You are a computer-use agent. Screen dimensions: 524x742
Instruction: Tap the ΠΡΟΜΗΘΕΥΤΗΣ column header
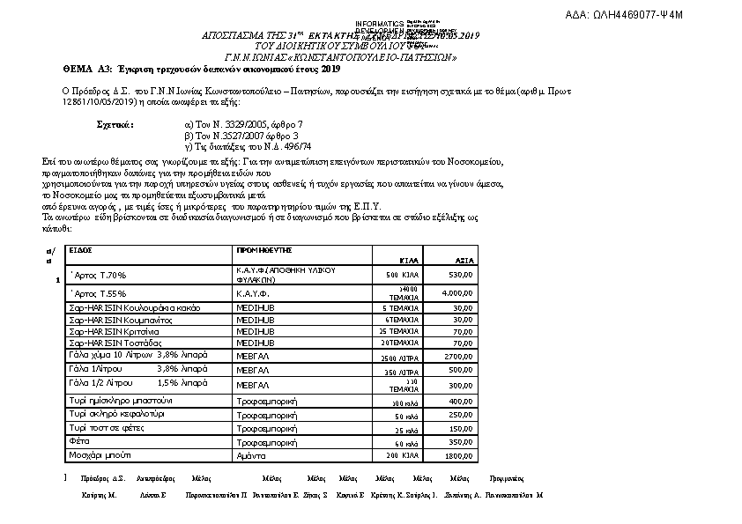click(264, 250)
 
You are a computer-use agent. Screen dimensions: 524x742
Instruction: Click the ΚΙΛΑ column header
click(409, 262)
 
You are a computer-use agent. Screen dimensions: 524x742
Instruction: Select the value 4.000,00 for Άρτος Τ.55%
click(459, 292)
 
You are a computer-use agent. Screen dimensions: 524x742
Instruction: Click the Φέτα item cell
click(80, 439)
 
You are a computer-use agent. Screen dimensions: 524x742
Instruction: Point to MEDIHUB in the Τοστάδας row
click(256, 342)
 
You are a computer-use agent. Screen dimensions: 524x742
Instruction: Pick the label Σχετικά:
click(115, 125)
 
